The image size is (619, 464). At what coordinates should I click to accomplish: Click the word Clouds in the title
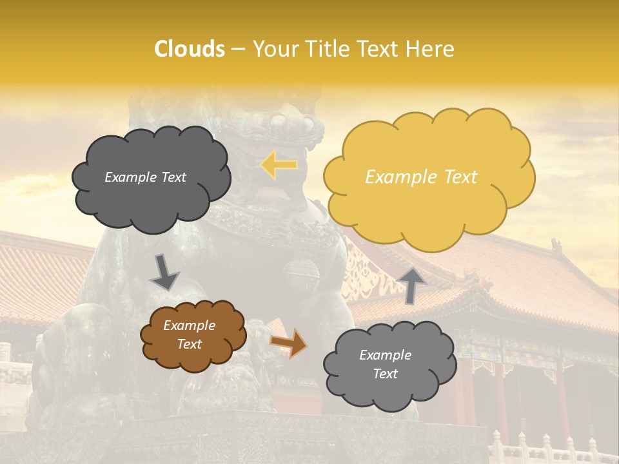[189, 49]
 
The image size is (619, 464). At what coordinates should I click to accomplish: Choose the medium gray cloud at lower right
[387, 393]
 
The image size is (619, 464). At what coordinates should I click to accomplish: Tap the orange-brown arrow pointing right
[288, 342]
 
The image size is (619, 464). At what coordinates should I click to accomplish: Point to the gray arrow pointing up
[413, 285]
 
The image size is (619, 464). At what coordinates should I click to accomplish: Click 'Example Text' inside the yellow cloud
[421, 177]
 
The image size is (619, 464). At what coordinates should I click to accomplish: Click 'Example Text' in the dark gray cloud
[145, 177]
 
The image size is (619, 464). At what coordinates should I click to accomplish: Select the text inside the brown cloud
[190, 334]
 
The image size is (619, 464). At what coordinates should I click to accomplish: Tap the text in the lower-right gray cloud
[385, 364]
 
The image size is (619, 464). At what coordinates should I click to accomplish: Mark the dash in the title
[238, 49]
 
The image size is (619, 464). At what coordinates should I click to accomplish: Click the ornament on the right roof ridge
[556, 245]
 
